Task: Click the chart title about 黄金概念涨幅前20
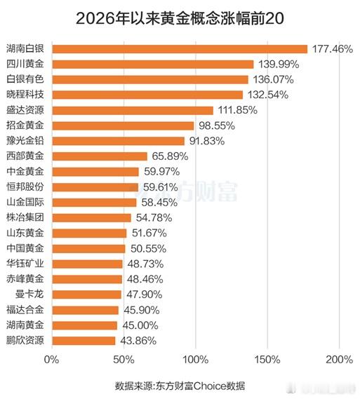180,17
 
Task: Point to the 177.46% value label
333,49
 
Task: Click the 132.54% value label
269,95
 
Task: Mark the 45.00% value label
140,325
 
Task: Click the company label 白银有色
25,79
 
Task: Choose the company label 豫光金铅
25,141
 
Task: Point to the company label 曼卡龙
29,295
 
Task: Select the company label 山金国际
25,202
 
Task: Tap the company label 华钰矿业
25,264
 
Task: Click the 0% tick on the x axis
51,360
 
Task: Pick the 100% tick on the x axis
195,360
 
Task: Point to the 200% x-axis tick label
339,360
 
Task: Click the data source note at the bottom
180,386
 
